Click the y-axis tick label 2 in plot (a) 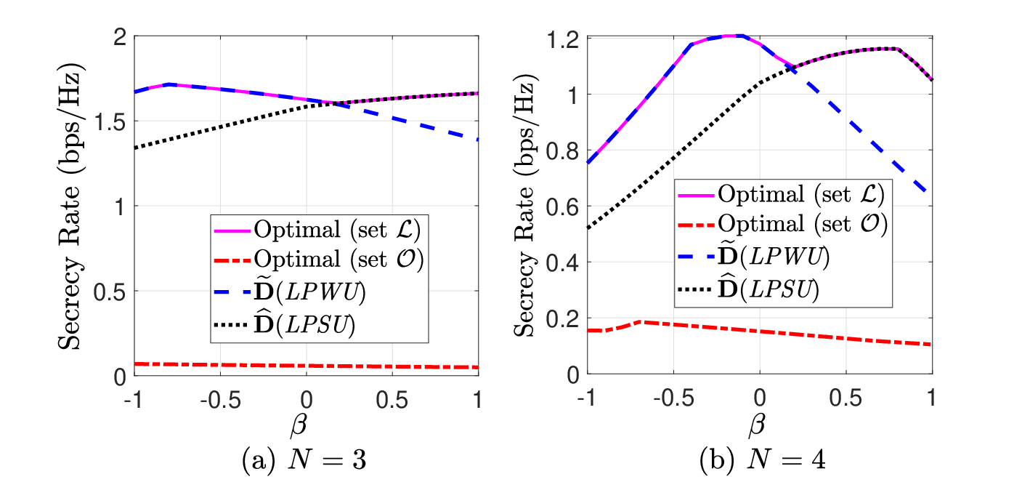tap(120, 37)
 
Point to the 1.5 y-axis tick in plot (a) tap(110, 122)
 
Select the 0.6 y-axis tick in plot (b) tap(562, 207)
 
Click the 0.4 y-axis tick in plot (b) tap(562, 263)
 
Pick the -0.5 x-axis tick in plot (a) tap(221, 400)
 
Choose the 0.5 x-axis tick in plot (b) tap(846, 398)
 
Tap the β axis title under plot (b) tap(757, 425)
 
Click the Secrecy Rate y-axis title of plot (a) tap(70, 206)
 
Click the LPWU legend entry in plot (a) tap(290, 292)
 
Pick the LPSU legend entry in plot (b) tap(749, 289)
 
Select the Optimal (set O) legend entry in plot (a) tap(319, 260)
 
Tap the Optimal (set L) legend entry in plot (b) tap(782, 194)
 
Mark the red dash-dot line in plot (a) tap(307, 366)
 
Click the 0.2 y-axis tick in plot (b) tap(562, 319)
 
